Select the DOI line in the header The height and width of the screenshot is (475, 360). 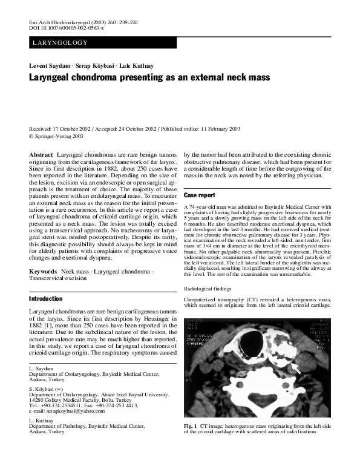pyautogui.click(x=67, y=28)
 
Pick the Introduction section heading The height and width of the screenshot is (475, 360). pyautogui.click(x=46, y=299)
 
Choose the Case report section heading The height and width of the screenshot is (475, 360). pyautogui.click(x=199, y=196)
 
